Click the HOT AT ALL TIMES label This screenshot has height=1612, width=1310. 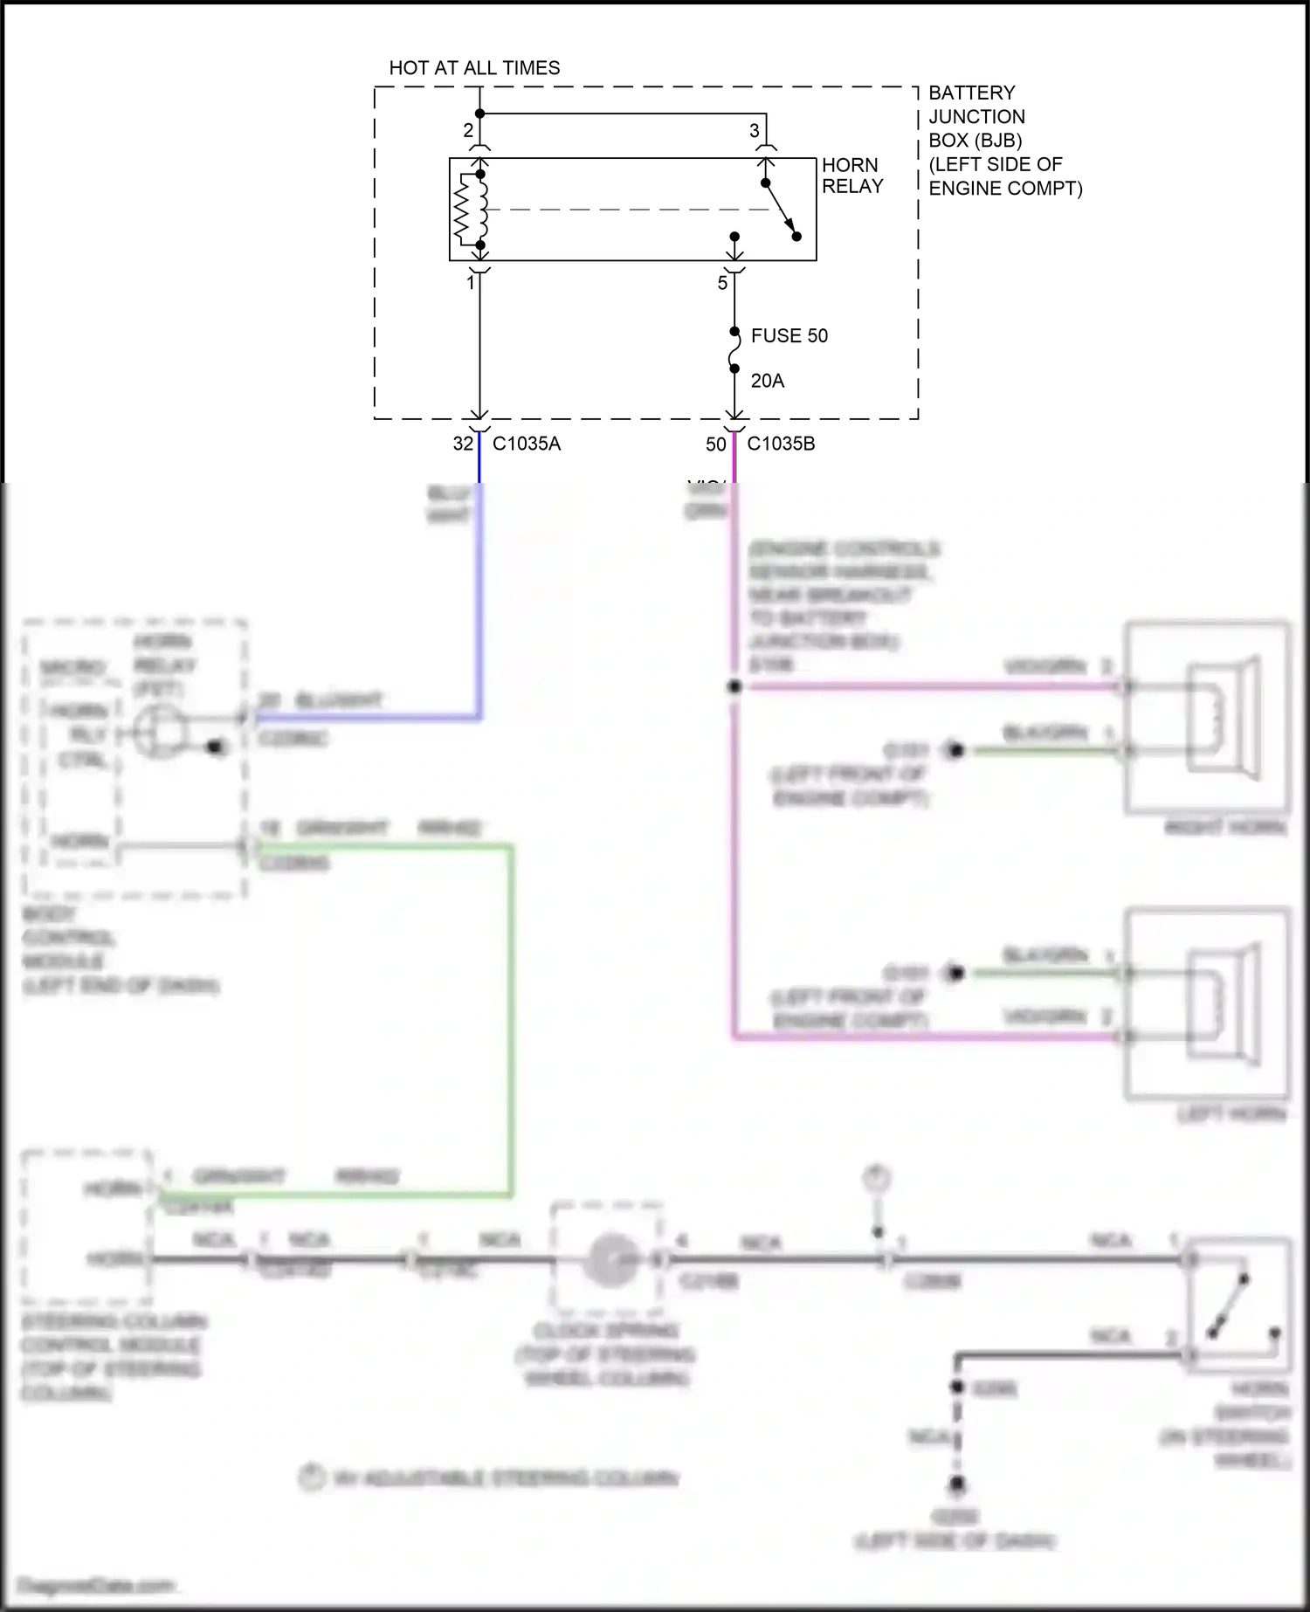(x=474, y=68)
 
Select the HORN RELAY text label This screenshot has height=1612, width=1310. (x=851, y=176)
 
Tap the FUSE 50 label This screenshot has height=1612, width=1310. (x=789, y=336)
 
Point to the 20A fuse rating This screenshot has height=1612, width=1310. (x=767, y=381)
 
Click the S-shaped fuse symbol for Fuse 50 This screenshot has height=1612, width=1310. (x=735, y=351)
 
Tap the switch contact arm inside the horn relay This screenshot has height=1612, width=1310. (x=781, y=210)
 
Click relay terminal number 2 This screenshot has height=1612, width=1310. (x=468, y=131)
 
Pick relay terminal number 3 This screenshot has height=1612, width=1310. (x=755, y=131)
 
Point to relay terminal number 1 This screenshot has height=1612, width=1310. (x=471, y=283)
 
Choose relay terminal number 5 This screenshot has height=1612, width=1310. (x=722, y=283)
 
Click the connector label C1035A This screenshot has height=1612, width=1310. (x=527, y=444)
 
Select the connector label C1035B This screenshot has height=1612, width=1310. (x=781, y=444)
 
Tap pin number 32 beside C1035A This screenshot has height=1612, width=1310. (x=463, y=444)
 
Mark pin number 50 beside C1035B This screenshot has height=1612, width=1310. (x=716, y=444)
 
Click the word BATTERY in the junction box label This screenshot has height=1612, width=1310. (x=971, y=93)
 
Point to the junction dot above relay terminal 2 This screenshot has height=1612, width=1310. (x=479, y=114)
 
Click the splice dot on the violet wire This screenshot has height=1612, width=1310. (x=734, y=687)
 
